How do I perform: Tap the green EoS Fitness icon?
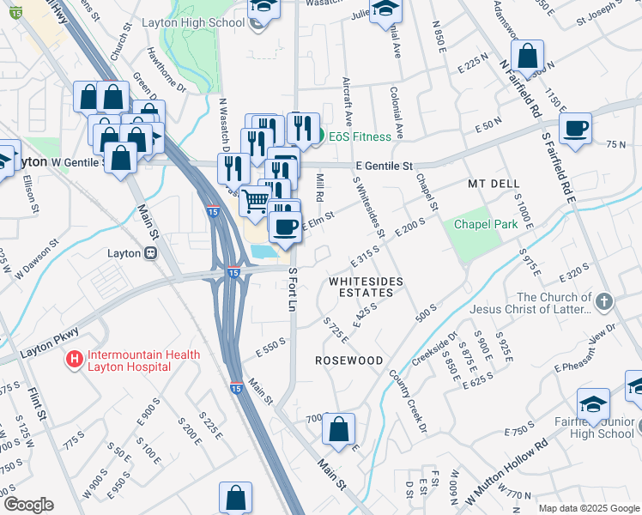click(318, 136)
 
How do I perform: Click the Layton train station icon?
click(149, 253)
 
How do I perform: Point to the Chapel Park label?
click(486, 224)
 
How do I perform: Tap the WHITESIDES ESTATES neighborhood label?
click(360, 287)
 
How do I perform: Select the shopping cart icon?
click(254, 201)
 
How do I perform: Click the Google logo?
click(27, 505)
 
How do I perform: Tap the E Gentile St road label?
click(384, 166)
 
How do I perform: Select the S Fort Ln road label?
click(293, 290)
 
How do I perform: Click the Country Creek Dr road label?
click(407, 400)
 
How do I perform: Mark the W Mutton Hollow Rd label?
click(506, 472)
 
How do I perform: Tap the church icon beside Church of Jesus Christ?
click(605, 300)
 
